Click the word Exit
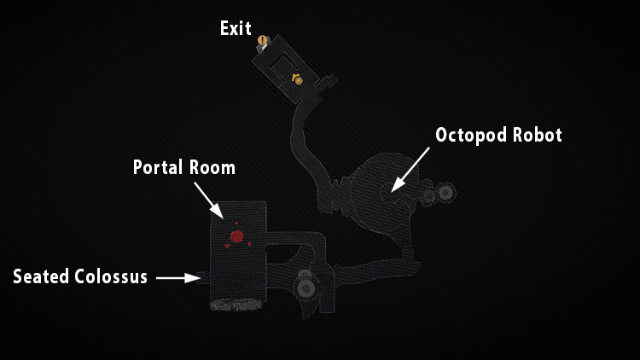point(236,28)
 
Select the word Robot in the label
point(539,135)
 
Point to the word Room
point(214,167)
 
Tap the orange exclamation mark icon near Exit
point(263,40)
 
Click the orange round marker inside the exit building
point(298,80)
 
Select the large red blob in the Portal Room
point(237,235)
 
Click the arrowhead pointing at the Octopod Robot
point(394,187)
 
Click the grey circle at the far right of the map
point(445,192)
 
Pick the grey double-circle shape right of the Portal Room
point(305,285)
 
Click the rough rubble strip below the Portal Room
point(237,304)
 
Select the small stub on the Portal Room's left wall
point(203,276)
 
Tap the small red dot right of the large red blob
point(249,243)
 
